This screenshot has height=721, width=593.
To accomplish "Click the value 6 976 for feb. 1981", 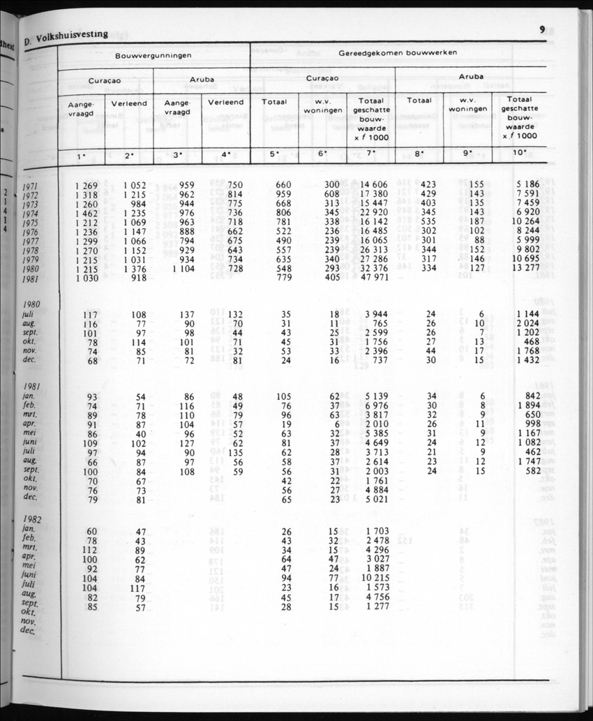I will (x=375, y=406).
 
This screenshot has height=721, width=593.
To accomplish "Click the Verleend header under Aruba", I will (x=225, y=102).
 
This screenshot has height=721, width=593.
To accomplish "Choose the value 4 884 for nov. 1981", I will (x=375, y=490).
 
